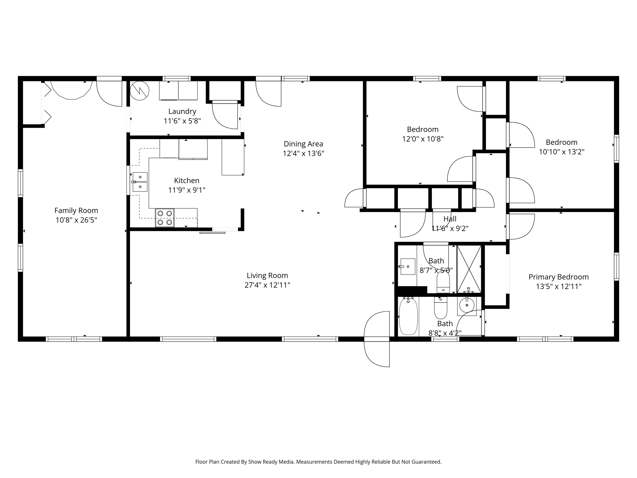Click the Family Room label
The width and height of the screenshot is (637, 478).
coord(76,211)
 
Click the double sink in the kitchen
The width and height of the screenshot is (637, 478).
coord(140,182)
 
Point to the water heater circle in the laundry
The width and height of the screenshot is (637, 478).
coord(139,91)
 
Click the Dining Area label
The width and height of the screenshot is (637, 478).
coord(303,144)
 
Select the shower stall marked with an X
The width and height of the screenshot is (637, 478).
coord(469,269)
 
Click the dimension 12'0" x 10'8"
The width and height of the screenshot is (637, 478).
coord(423,139)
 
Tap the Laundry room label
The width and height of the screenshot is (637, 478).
coord(182,112)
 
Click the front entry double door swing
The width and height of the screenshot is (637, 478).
coord(377,339)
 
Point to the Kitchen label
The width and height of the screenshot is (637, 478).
coord(187,181)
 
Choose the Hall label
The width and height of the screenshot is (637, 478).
coord(450,219)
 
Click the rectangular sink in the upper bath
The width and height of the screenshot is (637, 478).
coord(408,267)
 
